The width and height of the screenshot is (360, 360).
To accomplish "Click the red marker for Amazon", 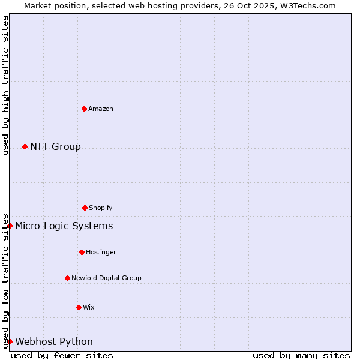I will point(84,109).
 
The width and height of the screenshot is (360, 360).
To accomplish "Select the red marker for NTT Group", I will point(25,146).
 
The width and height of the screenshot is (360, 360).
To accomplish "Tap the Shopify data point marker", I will point(85,208).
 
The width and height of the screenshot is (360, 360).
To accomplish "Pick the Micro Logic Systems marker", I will point(10,226).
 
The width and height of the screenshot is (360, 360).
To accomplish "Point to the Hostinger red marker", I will point(82,252).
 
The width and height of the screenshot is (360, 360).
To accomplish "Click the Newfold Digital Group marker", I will point(67,278).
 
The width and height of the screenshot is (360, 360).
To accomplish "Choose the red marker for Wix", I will point(79,307).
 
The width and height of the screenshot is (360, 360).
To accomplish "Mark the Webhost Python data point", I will point(10,341).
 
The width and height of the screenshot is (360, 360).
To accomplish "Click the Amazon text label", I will point(101,109).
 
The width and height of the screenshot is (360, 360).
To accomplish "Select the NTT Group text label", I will point(55,147).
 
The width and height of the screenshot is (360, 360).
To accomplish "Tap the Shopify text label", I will point(101,208).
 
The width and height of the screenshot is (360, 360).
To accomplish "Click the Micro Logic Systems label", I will point(64,226).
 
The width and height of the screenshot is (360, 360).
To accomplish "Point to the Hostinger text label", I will point(101,252).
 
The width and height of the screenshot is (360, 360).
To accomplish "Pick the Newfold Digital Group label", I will point(106,278).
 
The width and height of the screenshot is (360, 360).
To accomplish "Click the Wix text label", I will point(89,307).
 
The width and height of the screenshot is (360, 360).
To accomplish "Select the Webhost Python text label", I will point(54,342).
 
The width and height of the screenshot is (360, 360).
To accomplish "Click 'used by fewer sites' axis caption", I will point(62,355).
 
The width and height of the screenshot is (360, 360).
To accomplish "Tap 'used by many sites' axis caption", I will point(301,355).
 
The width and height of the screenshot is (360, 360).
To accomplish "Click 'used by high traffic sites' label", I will point(5,85).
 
